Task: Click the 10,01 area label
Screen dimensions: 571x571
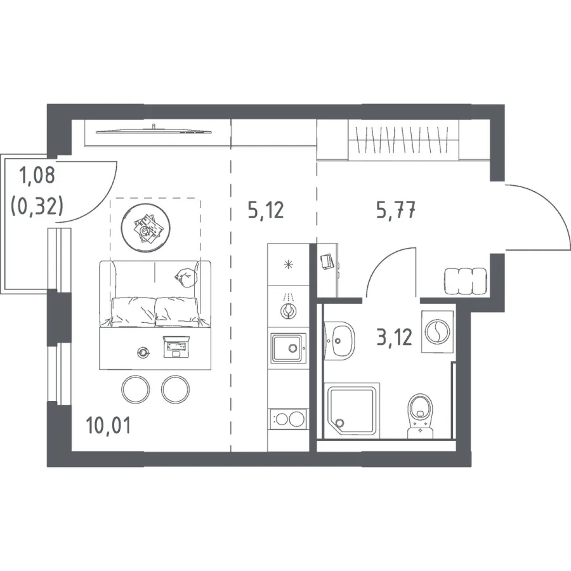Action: point(108,425)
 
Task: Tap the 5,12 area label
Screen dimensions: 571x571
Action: point(265,210)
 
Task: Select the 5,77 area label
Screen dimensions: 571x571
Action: point(396,210)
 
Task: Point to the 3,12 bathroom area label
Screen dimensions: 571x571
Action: point(395,337)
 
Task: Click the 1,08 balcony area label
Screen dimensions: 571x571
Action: point(37,174)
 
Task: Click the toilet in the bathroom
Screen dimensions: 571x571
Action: point(420,416)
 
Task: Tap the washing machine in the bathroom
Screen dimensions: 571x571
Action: point(437,331)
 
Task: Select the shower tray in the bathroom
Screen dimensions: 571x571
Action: point(352,410)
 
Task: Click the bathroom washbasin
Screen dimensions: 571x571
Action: point(339,341)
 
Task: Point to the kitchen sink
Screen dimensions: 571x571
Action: point(288,348)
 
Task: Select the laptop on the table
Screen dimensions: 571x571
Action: point(176,346)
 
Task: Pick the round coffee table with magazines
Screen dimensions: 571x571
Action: point(146,228)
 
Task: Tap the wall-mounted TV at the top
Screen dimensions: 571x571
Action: point(154,131)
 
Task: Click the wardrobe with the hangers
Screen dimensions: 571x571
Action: point(404,140)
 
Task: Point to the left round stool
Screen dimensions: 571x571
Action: point(136,389)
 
